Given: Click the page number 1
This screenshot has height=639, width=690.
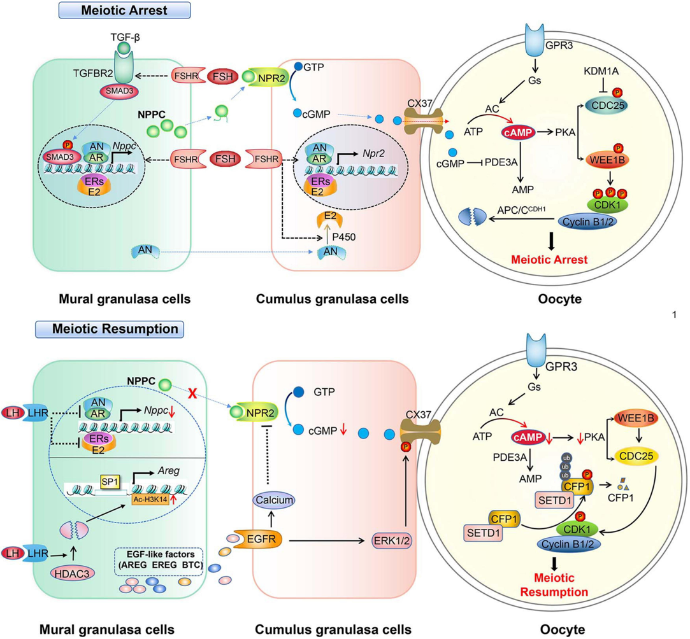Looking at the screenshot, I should coord(674,314).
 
